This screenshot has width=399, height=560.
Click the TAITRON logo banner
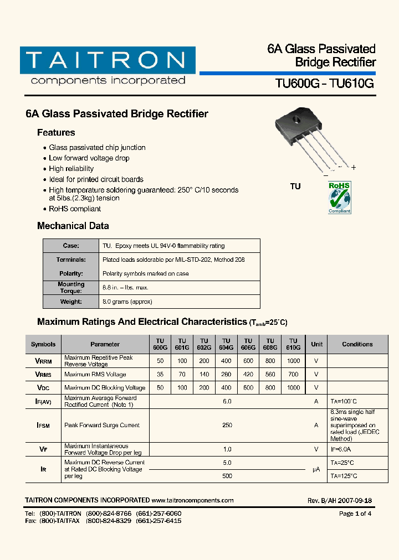coord(108,60)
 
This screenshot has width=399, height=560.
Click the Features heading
coord(56,133)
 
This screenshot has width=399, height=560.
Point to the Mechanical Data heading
coord(73,226)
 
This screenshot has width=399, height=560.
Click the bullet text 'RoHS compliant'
coord(75,209)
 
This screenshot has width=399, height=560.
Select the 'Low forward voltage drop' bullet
coord(89,158)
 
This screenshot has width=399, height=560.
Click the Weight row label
coord(71,302)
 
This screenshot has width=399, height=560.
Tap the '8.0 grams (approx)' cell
coord(127,302)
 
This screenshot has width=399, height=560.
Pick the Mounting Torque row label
coord(71,287)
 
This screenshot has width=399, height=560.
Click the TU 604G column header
coord(226,344)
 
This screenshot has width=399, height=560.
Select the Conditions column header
coord(357,344)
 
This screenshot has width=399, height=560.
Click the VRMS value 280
coord(226,375)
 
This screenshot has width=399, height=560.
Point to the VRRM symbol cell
coord(44,361)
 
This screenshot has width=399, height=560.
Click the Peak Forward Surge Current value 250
coord(227,425)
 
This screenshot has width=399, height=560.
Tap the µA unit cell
coord(316,469)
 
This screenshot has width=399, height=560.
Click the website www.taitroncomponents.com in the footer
coord(192,500)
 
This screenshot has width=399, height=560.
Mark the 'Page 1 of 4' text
coord(355,514)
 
